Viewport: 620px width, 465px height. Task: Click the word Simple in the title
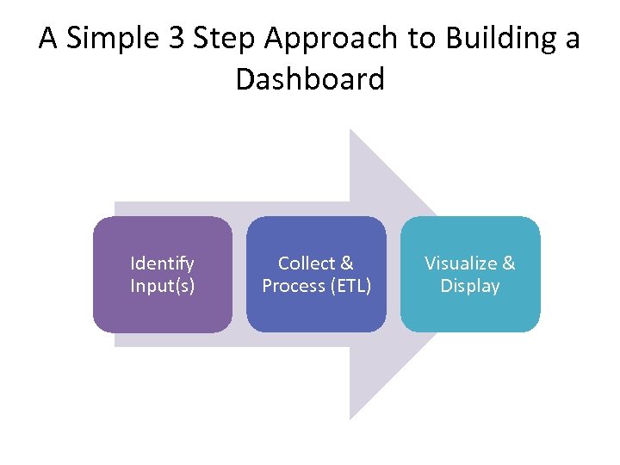tap(120, 39)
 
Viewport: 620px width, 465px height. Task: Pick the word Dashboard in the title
tap(310, 80)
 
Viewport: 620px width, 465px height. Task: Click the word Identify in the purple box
tap(162, 263)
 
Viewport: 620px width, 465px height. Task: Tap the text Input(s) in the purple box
tap(162, 286)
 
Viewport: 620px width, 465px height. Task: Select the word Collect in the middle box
tap(303, 263)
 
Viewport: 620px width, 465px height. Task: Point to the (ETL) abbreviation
tap(351, 286)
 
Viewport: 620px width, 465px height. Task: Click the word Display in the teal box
tap(470, 286)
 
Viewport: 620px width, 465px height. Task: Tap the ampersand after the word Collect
tap(346, 263)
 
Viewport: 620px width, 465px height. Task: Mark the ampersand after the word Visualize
tap(508, 263)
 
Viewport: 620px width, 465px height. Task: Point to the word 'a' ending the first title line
tap(572, 39)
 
